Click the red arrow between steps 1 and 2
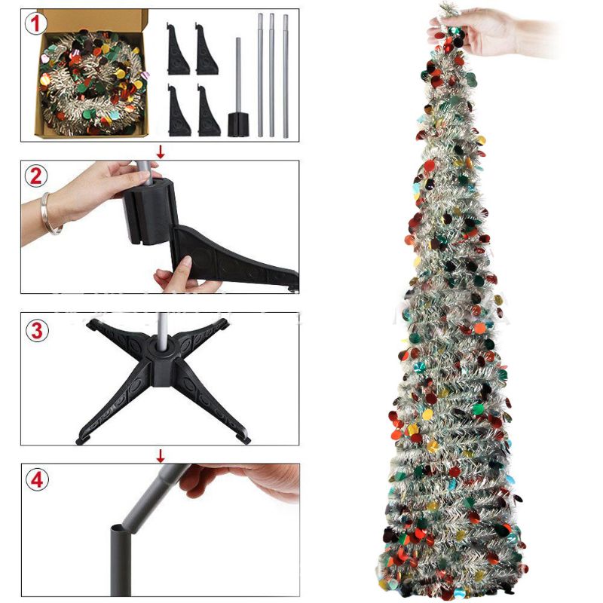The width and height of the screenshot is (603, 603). (160, 151)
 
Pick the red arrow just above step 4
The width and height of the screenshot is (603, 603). (160, 455)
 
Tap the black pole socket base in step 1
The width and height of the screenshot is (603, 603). (238, 122)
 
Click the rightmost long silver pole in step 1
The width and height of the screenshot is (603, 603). (286, 75)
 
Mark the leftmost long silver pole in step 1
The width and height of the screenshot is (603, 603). (261, 75)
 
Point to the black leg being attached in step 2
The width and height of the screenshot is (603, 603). (226, 260)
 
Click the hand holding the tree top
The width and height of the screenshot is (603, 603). (471, 32)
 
